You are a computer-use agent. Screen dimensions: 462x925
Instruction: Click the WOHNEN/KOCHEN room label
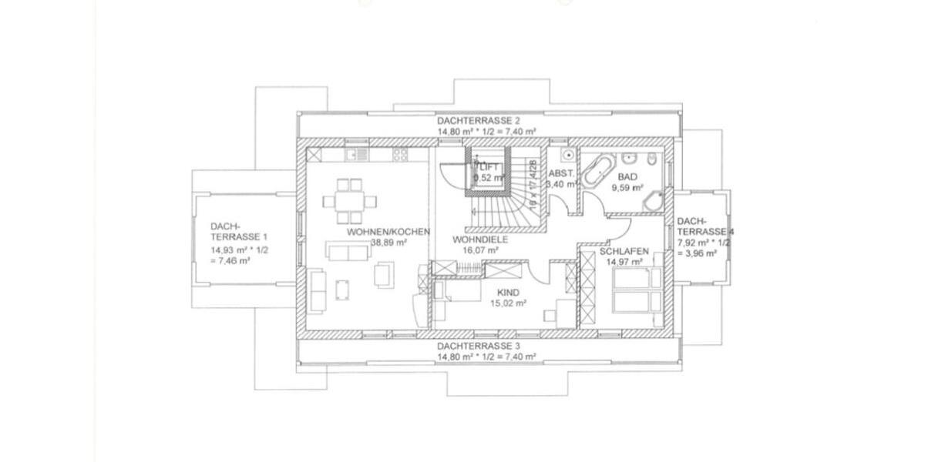388,231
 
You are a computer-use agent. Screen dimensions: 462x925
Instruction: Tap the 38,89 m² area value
388,241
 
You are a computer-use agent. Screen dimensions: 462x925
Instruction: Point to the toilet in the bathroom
652,159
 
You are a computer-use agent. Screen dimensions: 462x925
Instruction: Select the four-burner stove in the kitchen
400,154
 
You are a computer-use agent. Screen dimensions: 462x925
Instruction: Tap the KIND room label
509,293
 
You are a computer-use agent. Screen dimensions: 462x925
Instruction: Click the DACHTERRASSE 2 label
479,121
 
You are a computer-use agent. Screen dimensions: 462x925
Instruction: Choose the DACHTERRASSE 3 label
479,347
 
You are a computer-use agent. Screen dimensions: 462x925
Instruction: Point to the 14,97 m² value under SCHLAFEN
624,262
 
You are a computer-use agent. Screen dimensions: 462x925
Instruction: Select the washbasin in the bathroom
630,159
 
